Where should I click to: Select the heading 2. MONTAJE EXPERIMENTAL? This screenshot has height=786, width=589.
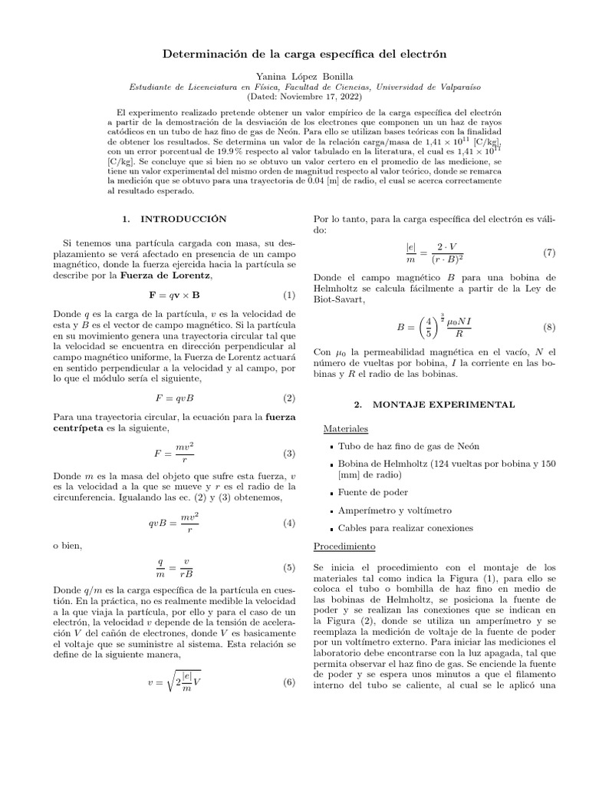pyautogui.click(x=434, y=404)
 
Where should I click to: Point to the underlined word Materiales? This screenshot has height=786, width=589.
pyautogui.click(x=346, y=428)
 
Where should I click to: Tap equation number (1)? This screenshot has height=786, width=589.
pyautogui.click(x=289, y=295)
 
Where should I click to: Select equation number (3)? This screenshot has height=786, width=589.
pyautogui.click(x=289, y=454)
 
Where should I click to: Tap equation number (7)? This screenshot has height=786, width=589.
pyautogui.click(x=549, y=253)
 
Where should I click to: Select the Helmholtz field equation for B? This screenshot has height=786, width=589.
pyautogui.click(x=434, y=327)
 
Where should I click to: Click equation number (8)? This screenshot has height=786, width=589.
pyautogui.click(x=549, y=328)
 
